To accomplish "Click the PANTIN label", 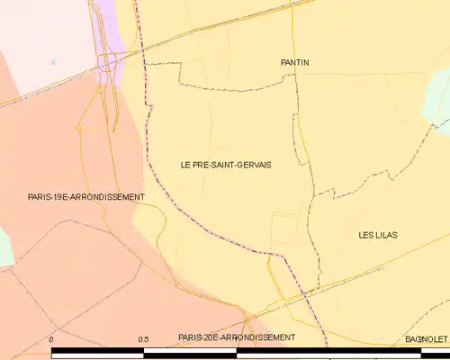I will tap(294, 62).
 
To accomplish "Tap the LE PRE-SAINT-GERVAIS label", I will tap(226, 165).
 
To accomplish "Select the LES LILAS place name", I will tap(378, 235).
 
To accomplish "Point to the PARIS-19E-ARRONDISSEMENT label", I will tap(86, 196).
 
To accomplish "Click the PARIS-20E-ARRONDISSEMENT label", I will tap(236, 337).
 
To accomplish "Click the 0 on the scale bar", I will tap(51, 338).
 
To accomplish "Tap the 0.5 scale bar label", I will tap(143, 338).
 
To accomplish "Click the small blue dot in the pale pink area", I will tap(53, 62).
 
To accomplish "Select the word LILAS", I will tap(387, 235).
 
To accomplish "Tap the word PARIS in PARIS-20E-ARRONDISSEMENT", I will tap(190, 337).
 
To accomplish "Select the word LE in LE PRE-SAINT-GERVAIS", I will tap(185, 165).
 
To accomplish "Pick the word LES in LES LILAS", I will tap(366, 235).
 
